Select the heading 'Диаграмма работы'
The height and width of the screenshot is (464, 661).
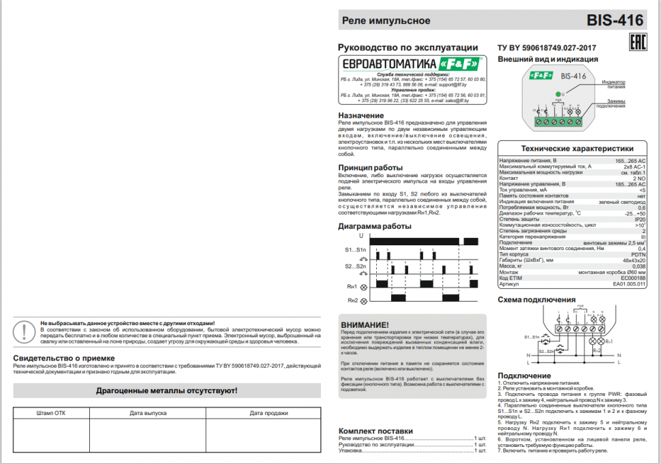click(375, 226)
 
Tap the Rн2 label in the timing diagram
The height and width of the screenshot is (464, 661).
click(352, 300)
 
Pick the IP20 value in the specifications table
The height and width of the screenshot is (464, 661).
click(640, 219)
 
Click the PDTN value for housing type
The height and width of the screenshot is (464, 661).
click(639, 254)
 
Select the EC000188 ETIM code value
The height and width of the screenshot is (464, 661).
click(633, 277)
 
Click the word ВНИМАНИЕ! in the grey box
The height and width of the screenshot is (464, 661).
click(365, 324)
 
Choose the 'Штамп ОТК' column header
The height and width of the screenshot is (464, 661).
click(51, 413)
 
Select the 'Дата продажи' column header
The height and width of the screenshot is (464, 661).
click(263, 413)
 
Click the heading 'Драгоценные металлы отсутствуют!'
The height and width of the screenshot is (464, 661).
click(166, 390)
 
